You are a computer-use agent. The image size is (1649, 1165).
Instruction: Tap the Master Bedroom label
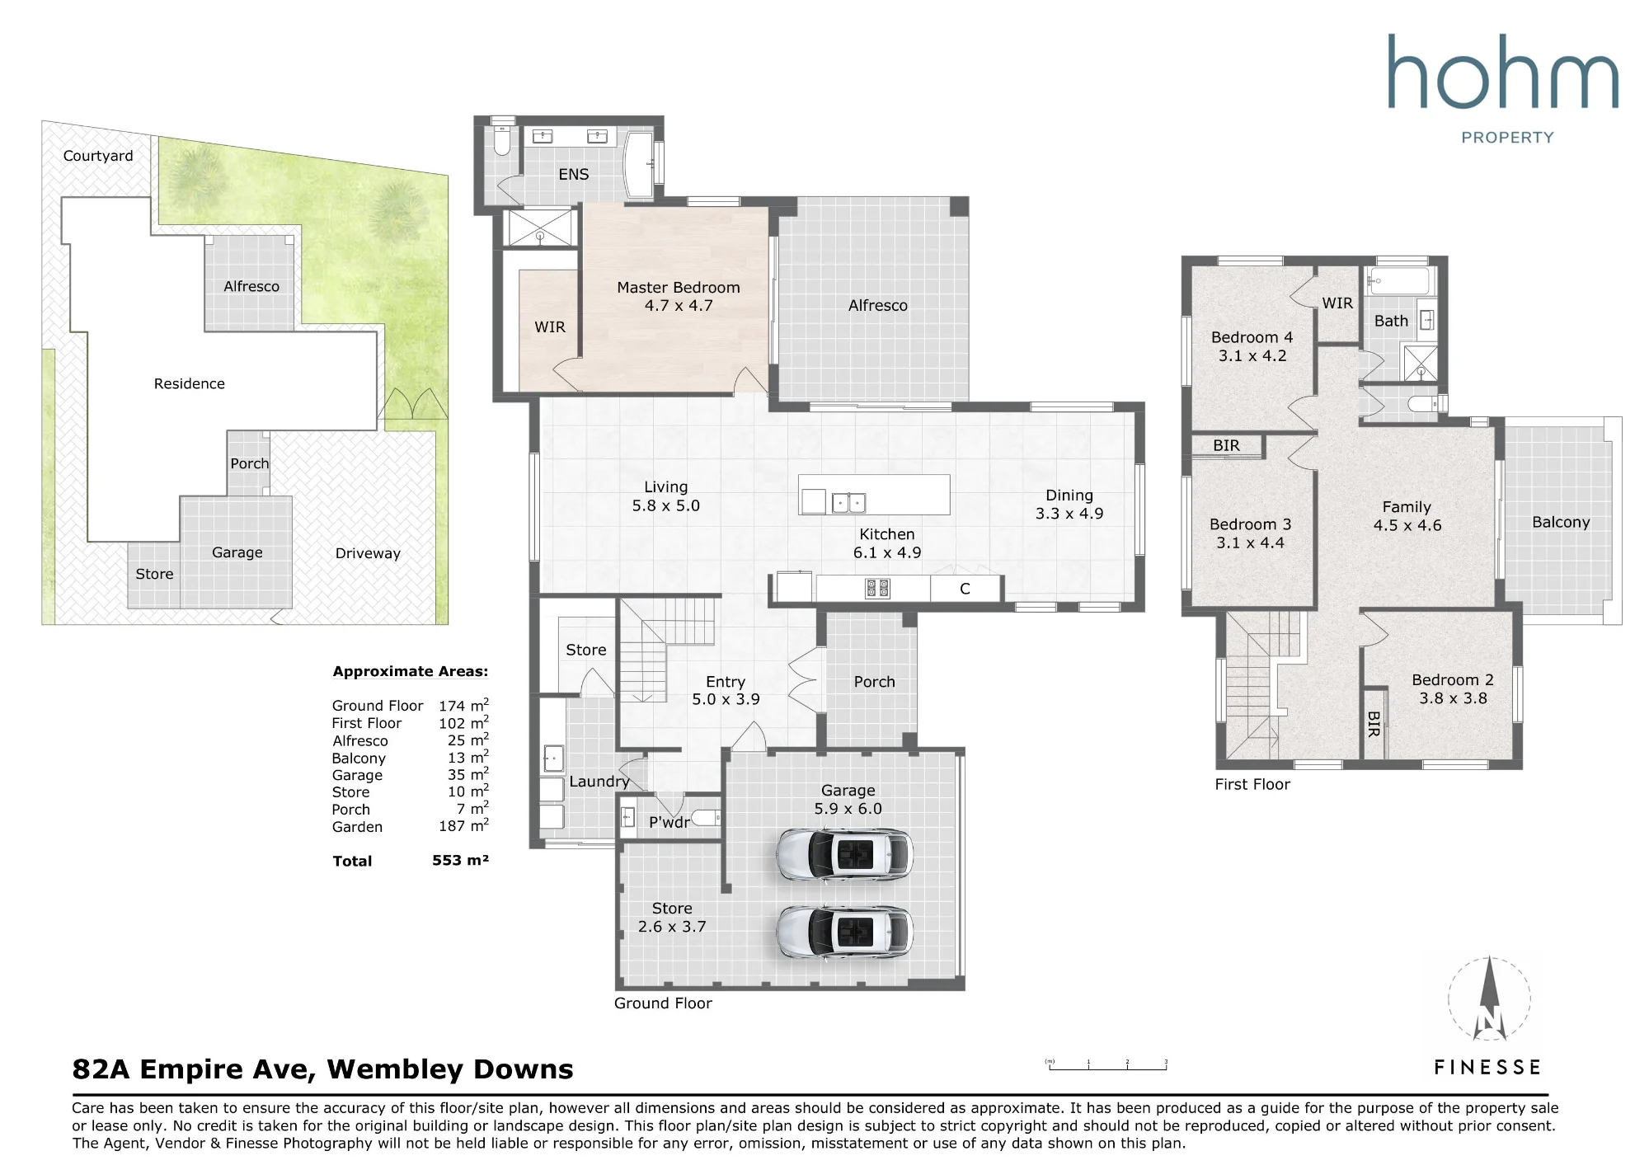coord(679,288)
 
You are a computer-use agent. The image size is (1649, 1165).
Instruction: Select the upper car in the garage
coord(844,855)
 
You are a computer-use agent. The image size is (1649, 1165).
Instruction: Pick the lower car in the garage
coord(844,932)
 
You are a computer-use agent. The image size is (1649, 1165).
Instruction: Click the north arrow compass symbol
coord(1489,1000)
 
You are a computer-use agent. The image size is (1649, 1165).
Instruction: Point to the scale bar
coord(1107,1065)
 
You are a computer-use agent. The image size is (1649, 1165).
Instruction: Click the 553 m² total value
coord(460,860)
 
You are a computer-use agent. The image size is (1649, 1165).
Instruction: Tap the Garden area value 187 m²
coord(463,825)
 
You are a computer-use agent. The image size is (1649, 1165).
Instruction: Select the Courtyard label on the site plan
coord(98,156)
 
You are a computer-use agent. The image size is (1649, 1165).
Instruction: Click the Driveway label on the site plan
coord(368,553)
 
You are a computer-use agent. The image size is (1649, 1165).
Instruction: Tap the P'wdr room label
coord(669,822)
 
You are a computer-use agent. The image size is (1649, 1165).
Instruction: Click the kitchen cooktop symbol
coord(877,588)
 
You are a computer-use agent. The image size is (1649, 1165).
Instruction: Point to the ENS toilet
coord(501,141)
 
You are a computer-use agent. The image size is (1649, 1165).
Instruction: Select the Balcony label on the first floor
coord(1561,522)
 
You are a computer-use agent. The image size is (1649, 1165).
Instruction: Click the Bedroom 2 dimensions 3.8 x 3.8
coord(1453,698)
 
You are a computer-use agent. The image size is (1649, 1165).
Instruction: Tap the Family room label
coord(1407,507)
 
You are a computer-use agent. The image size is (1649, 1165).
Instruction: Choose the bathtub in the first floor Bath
coord(1400,281)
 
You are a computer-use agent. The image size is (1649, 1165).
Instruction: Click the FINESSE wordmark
coord(1487,1068)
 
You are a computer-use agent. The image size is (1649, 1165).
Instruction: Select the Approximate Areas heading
coord(410,671)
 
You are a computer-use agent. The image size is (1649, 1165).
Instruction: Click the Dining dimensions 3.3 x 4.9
coord(1069,514)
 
